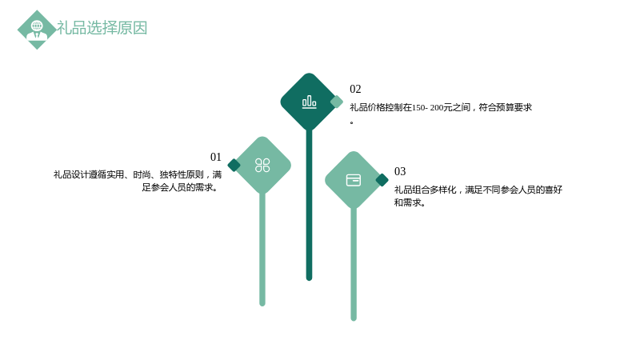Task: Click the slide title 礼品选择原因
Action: [x=102, y=28]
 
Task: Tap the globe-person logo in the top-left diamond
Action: [x=37, y=30]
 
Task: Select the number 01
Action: [x=215, y=157]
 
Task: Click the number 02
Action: [x=355, y=89]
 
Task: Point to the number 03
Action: [x=400, y=171]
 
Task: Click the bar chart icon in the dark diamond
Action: [x=309, y=102]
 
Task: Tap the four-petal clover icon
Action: [x=262, y=166]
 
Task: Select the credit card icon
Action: [x=354, y=180]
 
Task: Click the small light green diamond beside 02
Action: [x=336, y=102]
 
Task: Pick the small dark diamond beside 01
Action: [x=234, y=166]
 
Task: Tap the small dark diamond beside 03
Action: [x=382, y=180]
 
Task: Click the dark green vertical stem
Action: [x=309, y=204]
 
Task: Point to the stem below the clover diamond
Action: [x=262, y=249]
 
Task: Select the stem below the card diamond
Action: [x=354, y=264]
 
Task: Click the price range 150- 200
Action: [x=427, y=108]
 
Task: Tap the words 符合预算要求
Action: [x=506, y=107]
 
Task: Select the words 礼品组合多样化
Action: [x=426, y=190]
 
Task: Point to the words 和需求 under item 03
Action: [x=407, y=202]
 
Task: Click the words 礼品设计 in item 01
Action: [x=71, y=174]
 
